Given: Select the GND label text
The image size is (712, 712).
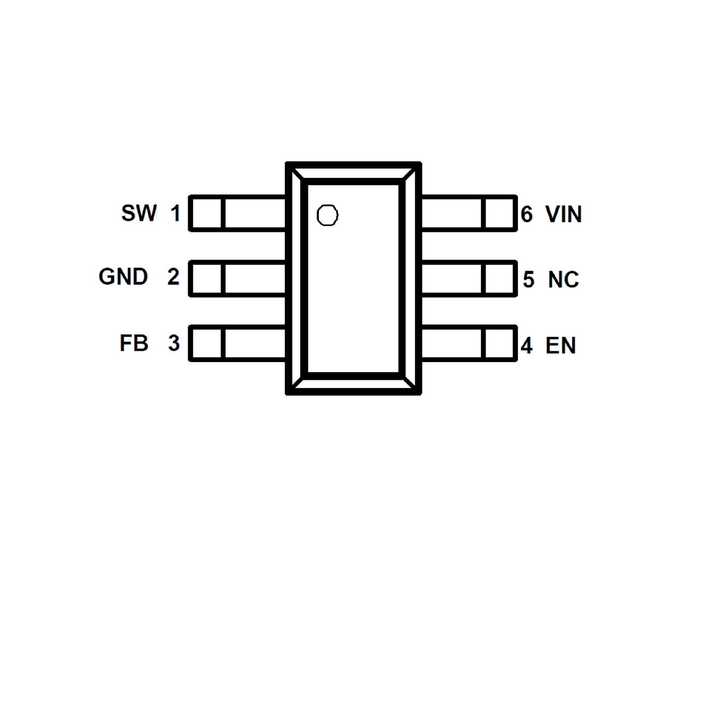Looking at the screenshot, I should tap(123, 277).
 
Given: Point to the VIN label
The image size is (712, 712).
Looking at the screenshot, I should tap(563, 214).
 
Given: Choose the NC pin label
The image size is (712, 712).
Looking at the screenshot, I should tap(563, 280).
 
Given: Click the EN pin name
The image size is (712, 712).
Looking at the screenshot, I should tap(560, 346).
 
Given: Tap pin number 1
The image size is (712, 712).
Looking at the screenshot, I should tap(175, 213).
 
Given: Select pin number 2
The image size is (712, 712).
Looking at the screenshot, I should tap(173, 277).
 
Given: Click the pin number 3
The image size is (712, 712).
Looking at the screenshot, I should tap(174, 343).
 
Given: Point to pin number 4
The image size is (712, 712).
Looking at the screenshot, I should tap(527, 346).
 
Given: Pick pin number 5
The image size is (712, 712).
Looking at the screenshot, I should tap(528, 280).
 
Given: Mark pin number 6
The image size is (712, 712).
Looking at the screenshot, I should tap(527, 214).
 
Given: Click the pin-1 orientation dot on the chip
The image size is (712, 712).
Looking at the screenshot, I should tap(327, 215).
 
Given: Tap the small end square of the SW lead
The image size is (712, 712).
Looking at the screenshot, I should tap(207, 213).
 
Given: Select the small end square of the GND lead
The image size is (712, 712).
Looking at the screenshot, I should tap(207, 278).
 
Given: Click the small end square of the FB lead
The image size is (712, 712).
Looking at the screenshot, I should tap(207, 343).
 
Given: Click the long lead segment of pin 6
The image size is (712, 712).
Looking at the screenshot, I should tap(452, 213).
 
